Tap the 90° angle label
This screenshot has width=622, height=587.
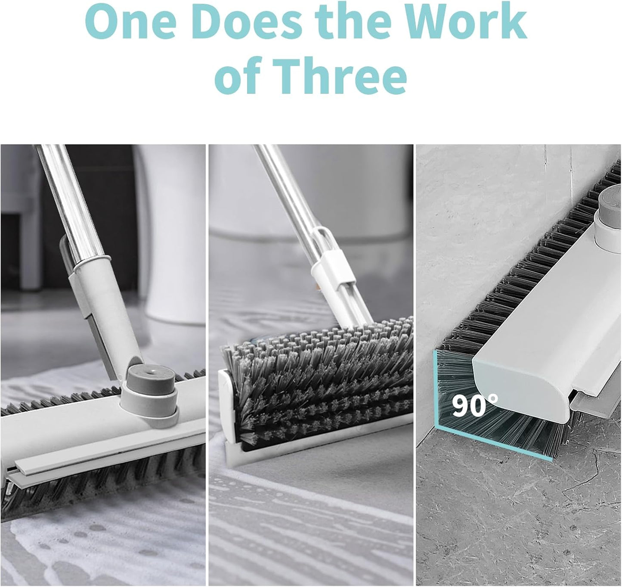(474, 405)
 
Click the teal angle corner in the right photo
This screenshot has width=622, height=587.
(437, 426)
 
